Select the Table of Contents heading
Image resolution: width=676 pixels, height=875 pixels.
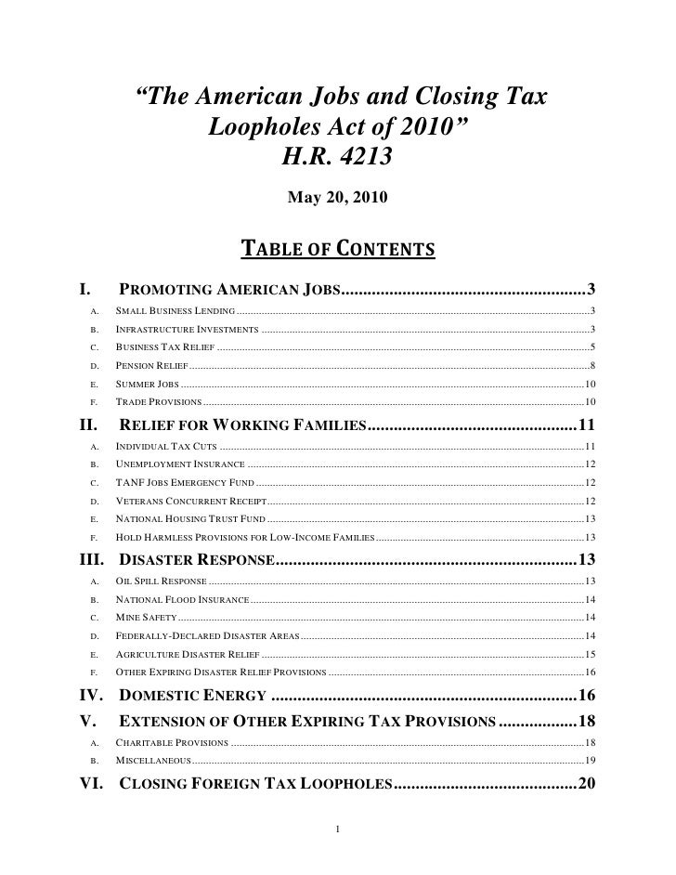point(338,248)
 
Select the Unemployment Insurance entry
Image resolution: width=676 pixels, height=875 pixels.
point(180,464)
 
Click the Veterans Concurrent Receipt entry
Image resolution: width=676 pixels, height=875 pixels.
point(190,501)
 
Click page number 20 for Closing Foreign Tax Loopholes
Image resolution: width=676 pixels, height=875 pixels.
point(586,784)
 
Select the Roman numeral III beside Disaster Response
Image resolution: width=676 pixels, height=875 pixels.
point(95,560)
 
